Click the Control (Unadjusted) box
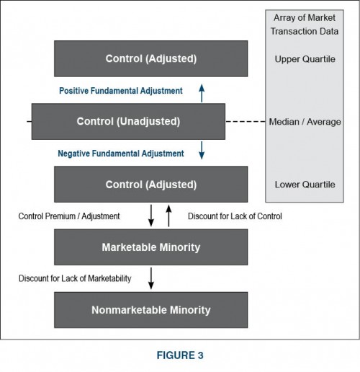[x=128, y=121]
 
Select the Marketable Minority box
[x=150, y=247]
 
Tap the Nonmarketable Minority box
[x=150, y=310]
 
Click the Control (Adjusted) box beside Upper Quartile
[x=150, y=58]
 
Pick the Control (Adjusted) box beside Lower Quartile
[x=150, y=185]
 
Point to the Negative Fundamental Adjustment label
[x=121, y=153]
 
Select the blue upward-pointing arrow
[x=202, y=92]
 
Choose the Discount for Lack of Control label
[x=235, y=216]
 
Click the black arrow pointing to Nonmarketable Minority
[x=150, y=279]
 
